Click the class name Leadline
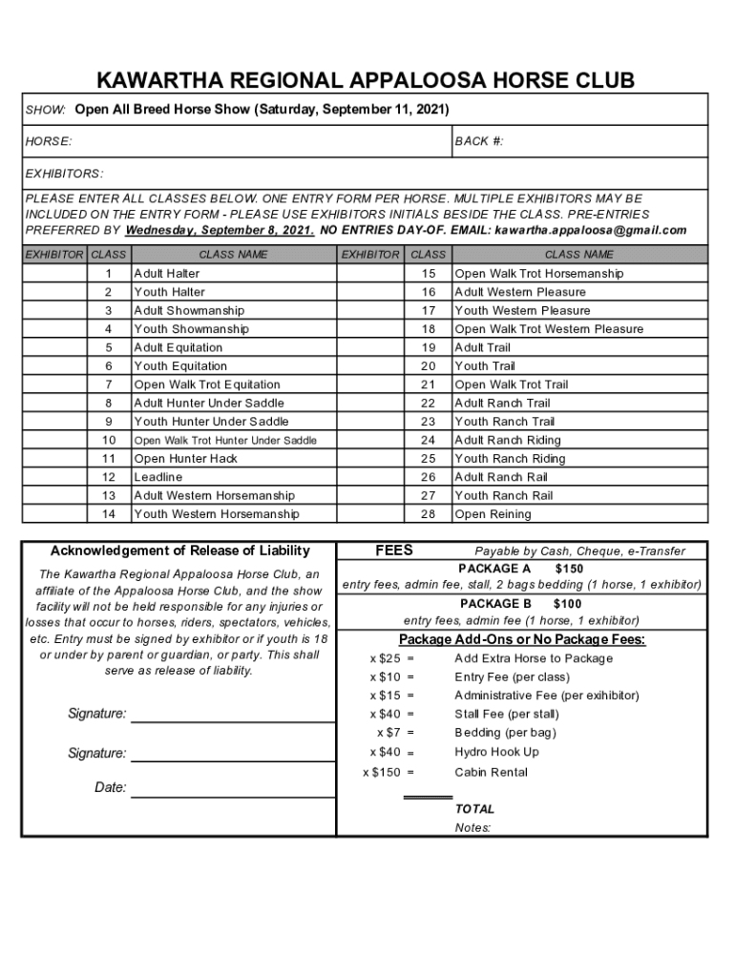point(158,477)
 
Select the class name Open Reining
point(493,514)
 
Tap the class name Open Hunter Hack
point(186,459)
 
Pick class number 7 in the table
point(109,385)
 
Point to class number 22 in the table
point(428,404)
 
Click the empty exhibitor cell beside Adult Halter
point(53,274)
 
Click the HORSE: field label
point(48,142)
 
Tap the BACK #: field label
point(479,142)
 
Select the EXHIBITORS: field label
point(64,175)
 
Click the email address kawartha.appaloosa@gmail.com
point(590,230)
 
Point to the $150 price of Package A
point(569,569)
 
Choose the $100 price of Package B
point(567,604)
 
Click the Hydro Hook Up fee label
point(496,752)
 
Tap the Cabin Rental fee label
point(491,772)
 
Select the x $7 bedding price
point(388,733)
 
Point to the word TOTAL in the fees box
point(474,809)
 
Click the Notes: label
point(472,827)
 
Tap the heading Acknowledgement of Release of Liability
point(179,551)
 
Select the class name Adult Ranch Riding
point(508,440)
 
